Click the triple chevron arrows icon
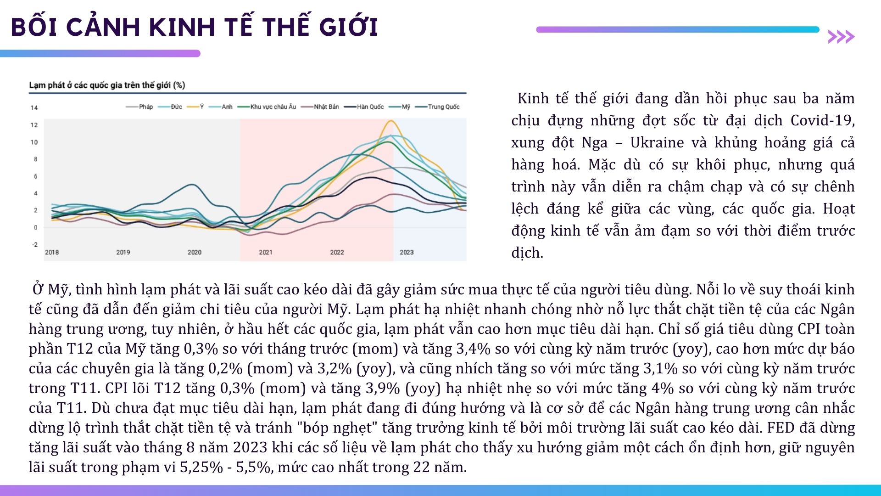(841, 37)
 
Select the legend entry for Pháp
(139, 107)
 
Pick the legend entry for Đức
(170, 107)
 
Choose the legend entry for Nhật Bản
(320, 107)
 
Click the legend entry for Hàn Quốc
(364, 107)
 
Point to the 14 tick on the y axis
(34, 108)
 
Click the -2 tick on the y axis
(35, 244)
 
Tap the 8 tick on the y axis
(36, 159)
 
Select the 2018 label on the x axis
(52, 252)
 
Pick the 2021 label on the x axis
(266, 252)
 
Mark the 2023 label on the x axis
(407, 252)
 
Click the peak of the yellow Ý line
(390, 121)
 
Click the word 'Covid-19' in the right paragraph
(822, 120)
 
